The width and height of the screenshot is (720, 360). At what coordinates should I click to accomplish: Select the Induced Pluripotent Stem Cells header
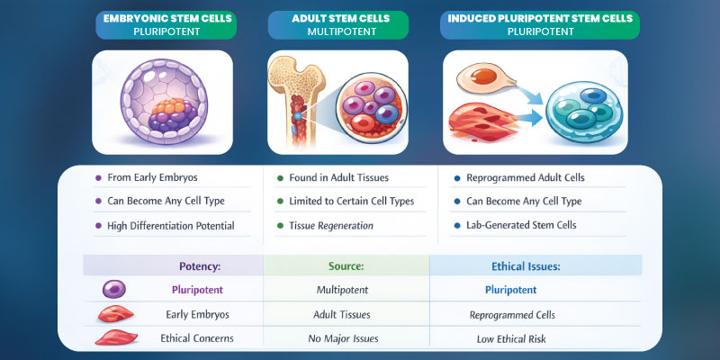click(539, 24)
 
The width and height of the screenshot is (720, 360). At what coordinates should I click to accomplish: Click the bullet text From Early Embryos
click(150, 178)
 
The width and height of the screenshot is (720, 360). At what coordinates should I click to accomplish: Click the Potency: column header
click(199, 265)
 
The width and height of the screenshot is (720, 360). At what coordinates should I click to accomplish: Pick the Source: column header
click(341, 265)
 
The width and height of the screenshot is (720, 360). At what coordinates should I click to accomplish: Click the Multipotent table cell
click(343, 291)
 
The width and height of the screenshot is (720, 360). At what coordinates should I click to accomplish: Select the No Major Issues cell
click(342, 339)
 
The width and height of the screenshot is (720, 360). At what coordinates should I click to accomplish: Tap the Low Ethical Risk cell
click(512, 339)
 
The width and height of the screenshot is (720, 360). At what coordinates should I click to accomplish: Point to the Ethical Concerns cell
click(197, 339)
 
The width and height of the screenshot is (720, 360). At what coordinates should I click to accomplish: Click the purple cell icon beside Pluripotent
click(113, 290)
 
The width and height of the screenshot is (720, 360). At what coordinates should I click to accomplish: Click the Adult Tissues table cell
click(343, 315)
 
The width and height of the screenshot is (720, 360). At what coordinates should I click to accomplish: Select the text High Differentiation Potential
click(170, 226)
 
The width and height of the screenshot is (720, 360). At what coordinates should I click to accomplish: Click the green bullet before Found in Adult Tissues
click(280, 178)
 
